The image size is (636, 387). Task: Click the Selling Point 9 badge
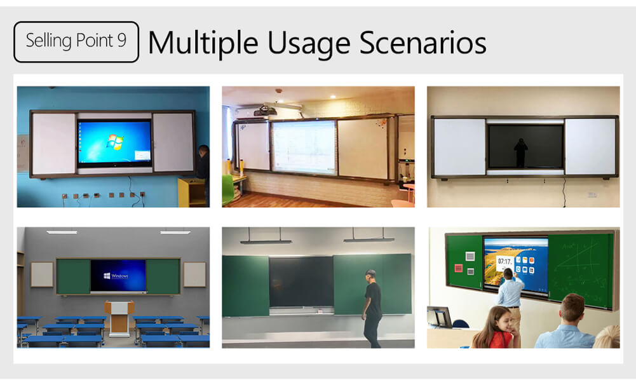tap(76, 41)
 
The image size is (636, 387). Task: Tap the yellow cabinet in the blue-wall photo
tap(191, 192)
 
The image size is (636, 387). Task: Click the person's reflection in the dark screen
tap(521, 153)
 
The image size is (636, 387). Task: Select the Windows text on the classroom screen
tap(119, 276)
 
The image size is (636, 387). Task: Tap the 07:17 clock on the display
tap(505, 261)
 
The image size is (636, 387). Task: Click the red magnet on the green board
tap(457, 268)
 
